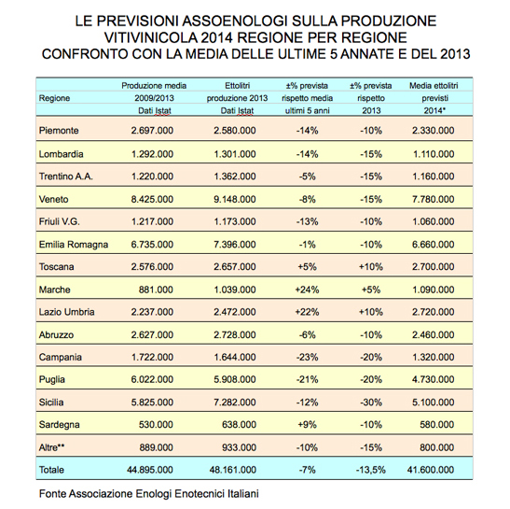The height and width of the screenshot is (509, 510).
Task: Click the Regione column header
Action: click(x=55, y=97)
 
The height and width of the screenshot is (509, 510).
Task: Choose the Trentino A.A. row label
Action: click(x=68, y=175)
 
